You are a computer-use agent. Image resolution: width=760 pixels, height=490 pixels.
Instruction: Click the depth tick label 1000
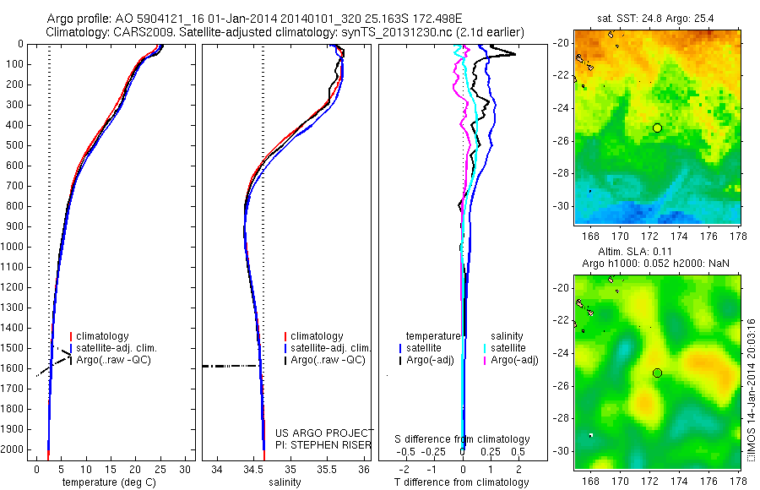click(x=15, y=247)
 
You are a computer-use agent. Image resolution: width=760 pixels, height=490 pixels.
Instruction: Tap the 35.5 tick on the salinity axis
click(x=327, y=469)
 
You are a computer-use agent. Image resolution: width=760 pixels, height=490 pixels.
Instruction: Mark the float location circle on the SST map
click(x=657, y=128)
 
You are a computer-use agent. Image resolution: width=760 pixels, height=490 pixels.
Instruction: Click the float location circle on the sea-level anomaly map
click(x=657, y=373)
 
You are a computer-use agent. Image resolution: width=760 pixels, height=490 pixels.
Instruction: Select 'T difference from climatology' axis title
click(x=463, y=482)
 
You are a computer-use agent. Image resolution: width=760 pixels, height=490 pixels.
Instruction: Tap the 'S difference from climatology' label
click(x=463, y=439)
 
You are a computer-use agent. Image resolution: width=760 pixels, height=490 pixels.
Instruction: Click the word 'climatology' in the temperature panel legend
click(x=103, y=336)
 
